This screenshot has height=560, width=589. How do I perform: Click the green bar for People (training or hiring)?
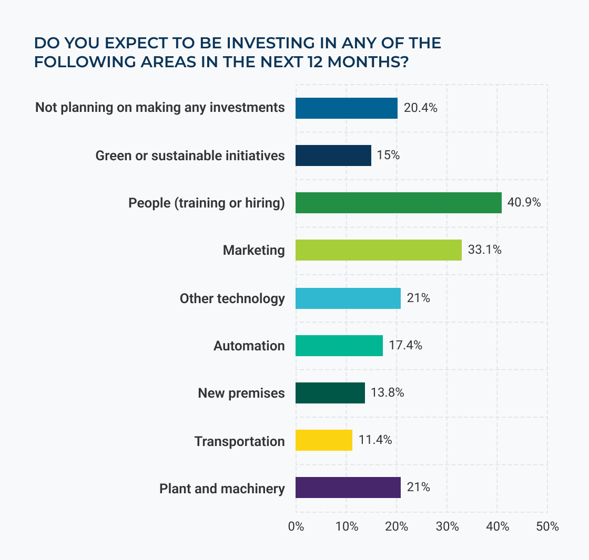pos(398,203)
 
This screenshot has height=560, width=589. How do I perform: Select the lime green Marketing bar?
pos(378,250)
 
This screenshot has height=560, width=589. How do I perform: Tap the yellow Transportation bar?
pos(323,440)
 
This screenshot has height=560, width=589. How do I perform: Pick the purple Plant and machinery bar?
pos(348,488)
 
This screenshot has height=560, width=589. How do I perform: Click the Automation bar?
pos(339,346)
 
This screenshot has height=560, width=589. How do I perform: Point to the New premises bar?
pos(330,393)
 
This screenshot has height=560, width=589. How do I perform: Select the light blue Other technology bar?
pos(348,298)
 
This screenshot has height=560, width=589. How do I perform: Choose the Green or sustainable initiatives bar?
pos(333,155)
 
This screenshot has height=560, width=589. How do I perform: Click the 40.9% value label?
pos(524,202)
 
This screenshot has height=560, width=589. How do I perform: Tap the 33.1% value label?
pos(484,250)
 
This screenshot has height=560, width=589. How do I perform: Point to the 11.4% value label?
pos(375,440)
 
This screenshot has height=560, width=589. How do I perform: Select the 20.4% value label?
pos(421,108)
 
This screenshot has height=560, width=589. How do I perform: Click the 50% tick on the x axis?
pos(547,527)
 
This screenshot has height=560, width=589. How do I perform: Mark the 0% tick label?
pos(296,527)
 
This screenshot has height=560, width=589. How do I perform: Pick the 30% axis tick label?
pos(447,527)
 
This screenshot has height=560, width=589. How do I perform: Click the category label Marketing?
pos(253,250)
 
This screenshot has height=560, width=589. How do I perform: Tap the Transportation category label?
pos(239,441)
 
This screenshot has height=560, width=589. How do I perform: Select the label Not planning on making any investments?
pos(160,108)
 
